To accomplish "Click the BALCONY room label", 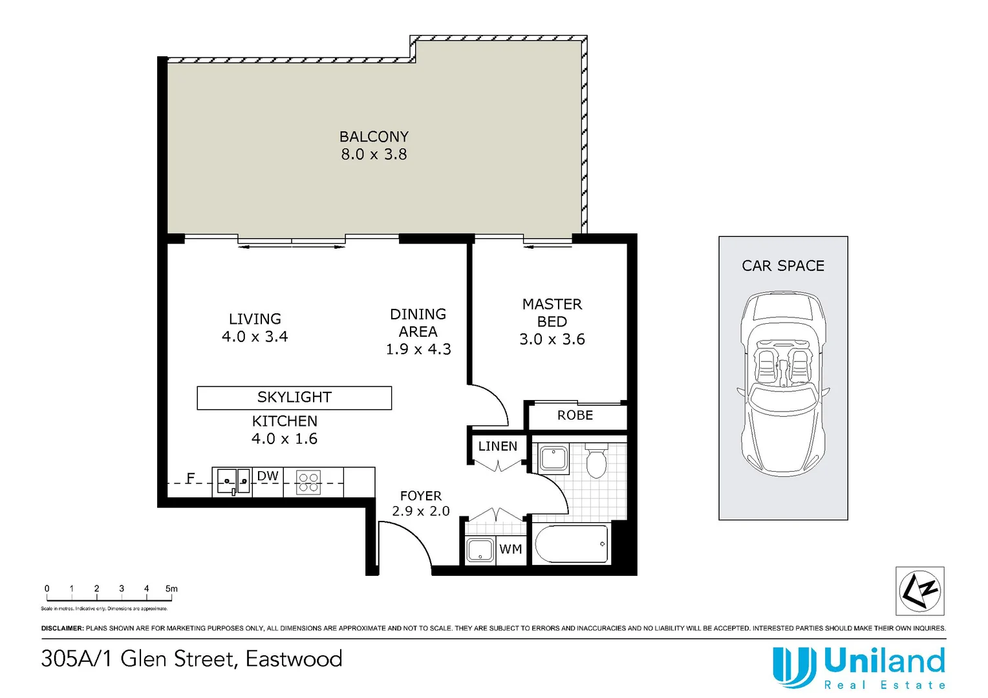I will (374, 145).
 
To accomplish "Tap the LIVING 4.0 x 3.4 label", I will (255, 328).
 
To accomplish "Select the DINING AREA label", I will (418, 332).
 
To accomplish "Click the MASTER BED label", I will (552, 321).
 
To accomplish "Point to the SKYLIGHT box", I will (294, 397).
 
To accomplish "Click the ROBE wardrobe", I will (575, 416).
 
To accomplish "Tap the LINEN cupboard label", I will (497, 447).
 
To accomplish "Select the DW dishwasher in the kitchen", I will (268, 477).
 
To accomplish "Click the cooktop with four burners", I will (308, 482).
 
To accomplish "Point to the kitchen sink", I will (233, 481).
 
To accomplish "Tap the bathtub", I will (571, 544).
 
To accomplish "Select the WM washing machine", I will (511, 549).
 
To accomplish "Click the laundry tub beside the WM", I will (480, 550).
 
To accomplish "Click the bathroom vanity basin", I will (553, 459).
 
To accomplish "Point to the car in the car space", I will (783, 385).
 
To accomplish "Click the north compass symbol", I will (919, 591).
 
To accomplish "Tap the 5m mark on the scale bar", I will (171, 589).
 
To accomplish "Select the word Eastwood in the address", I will (294, 659).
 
